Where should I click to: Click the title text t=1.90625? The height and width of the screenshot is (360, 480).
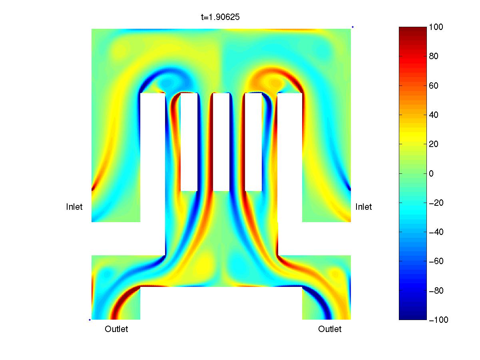[x=220, y=17]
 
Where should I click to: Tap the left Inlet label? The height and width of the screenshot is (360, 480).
[x=74, y=207]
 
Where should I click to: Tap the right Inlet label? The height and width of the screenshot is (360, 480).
[x=363, y=207]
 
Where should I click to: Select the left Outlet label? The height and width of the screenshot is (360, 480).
[x=116, y=329]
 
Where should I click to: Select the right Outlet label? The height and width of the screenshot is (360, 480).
[x=330, y=329]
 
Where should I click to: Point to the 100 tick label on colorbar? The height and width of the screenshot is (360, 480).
[x=436, y=27]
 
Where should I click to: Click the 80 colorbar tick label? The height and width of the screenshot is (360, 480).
[x=433, y=56]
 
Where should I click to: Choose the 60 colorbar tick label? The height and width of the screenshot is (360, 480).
[x=433, y=86]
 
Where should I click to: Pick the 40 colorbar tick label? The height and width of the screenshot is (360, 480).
[x=433, y=115]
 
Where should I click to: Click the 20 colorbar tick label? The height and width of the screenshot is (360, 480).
[x=433, y=144]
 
